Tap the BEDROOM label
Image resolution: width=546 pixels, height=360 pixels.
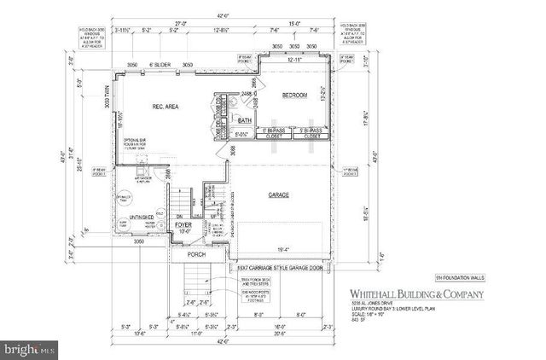pos(293,96)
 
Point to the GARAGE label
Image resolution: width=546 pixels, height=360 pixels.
pos(278,195)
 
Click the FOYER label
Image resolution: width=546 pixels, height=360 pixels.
pos(184,227)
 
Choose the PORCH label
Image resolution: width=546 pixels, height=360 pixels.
pos(199,254)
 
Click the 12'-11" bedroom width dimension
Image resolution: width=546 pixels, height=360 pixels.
pos(294,61)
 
